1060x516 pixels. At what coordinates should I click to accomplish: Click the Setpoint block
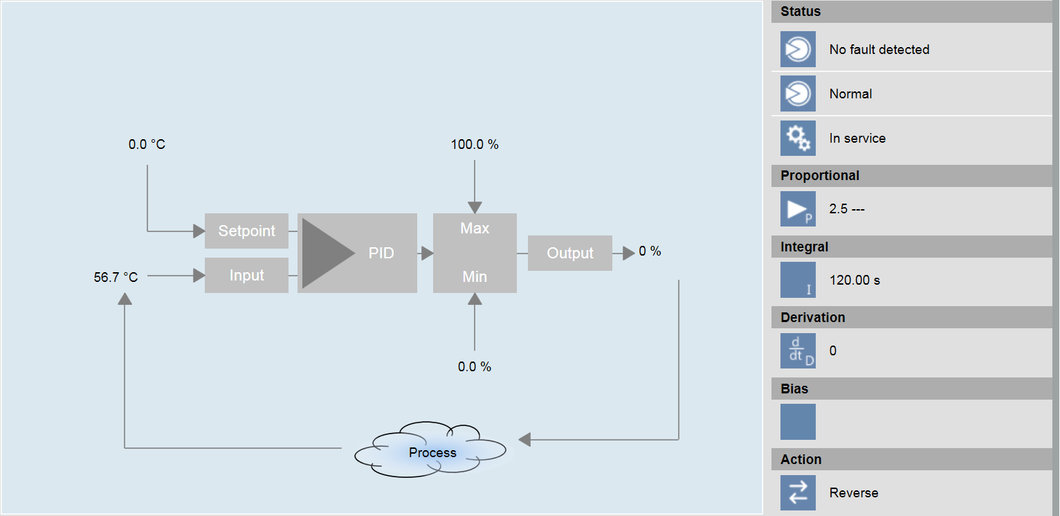point(246,231)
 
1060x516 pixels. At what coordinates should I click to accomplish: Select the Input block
point(246,276)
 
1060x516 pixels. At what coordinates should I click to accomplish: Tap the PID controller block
point(357,253)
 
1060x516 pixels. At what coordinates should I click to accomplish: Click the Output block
point(570,253)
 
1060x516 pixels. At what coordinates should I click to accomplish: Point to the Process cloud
point(432,452)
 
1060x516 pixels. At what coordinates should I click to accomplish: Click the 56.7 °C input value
point(116,278)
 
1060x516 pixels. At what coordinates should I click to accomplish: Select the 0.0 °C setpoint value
point(147,145)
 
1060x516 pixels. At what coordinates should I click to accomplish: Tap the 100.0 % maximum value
point(475,145)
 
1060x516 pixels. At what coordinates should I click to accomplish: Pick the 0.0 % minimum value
point(475,366)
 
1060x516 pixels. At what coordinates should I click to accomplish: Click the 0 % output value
point(650,251)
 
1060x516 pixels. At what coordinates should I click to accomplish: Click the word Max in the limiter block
point(475,229)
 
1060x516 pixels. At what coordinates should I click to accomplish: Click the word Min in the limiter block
point(475,277)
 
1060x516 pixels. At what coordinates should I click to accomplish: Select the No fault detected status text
point(879,50)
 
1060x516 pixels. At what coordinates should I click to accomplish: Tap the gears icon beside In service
point(798,138)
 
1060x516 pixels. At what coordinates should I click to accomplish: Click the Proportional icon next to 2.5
point(798,209)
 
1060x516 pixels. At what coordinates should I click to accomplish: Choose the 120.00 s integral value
point(855,281)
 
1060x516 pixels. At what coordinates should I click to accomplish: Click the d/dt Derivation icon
point(798,351)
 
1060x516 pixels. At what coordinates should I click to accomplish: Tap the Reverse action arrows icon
point(798,492)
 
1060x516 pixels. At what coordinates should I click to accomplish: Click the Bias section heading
point(794,389)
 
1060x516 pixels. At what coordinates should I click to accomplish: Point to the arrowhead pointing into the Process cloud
point(524,439)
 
